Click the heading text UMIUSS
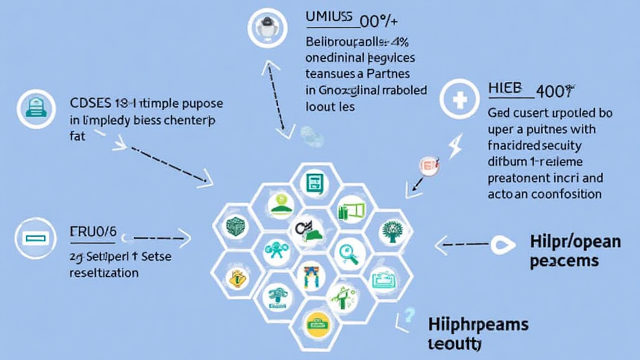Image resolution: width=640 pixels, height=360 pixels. click(x=329, y=18)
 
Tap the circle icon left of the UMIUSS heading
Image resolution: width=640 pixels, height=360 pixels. click(x=267, y=26)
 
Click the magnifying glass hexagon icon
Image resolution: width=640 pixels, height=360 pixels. click(x=346, y=252)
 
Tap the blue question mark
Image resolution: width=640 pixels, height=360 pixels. click(x=409, y=316)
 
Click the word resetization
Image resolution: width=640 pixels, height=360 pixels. click(x=104, y=273)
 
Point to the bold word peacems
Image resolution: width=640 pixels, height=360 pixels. click(x=564, y=260)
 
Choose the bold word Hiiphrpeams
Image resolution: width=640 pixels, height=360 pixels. click(x=478, y=325)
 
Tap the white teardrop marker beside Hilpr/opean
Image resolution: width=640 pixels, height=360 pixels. click(x=501, y=245)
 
